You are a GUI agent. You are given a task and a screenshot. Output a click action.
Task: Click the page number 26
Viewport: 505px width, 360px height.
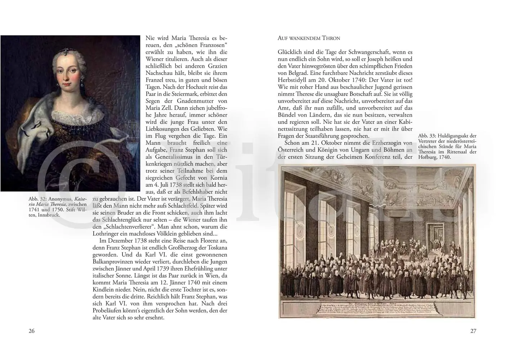32,331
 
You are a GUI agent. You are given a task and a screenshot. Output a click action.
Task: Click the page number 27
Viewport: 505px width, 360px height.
473,331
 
